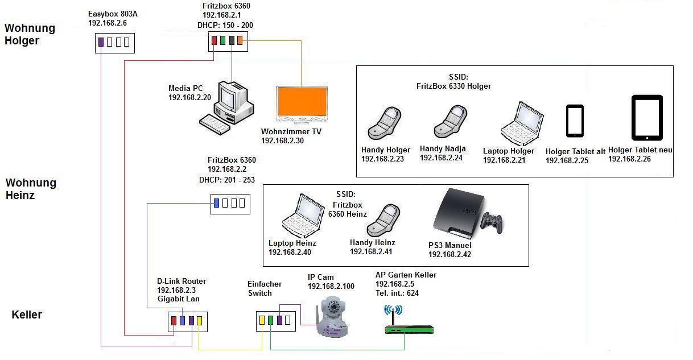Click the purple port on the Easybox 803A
pos(101,42)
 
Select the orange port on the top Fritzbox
pos(240,40)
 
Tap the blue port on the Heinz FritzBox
pos(217,203)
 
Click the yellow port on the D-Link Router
pos(199,321)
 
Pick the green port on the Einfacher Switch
pos(270,320)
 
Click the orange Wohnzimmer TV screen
pos(302,101)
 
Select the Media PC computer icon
pos(227,107)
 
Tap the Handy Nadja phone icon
pos(451,122)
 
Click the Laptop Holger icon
pos(522,124)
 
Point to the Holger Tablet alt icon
pos(575,121)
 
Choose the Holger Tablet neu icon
pos(647,118)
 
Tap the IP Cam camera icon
pos(332,316)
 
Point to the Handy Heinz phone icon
pos(383,220)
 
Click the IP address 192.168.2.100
pos(331,287)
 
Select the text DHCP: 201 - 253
pos(227,180)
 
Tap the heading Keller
pos(27,315)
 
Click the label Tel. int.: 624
pos(397,293)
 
